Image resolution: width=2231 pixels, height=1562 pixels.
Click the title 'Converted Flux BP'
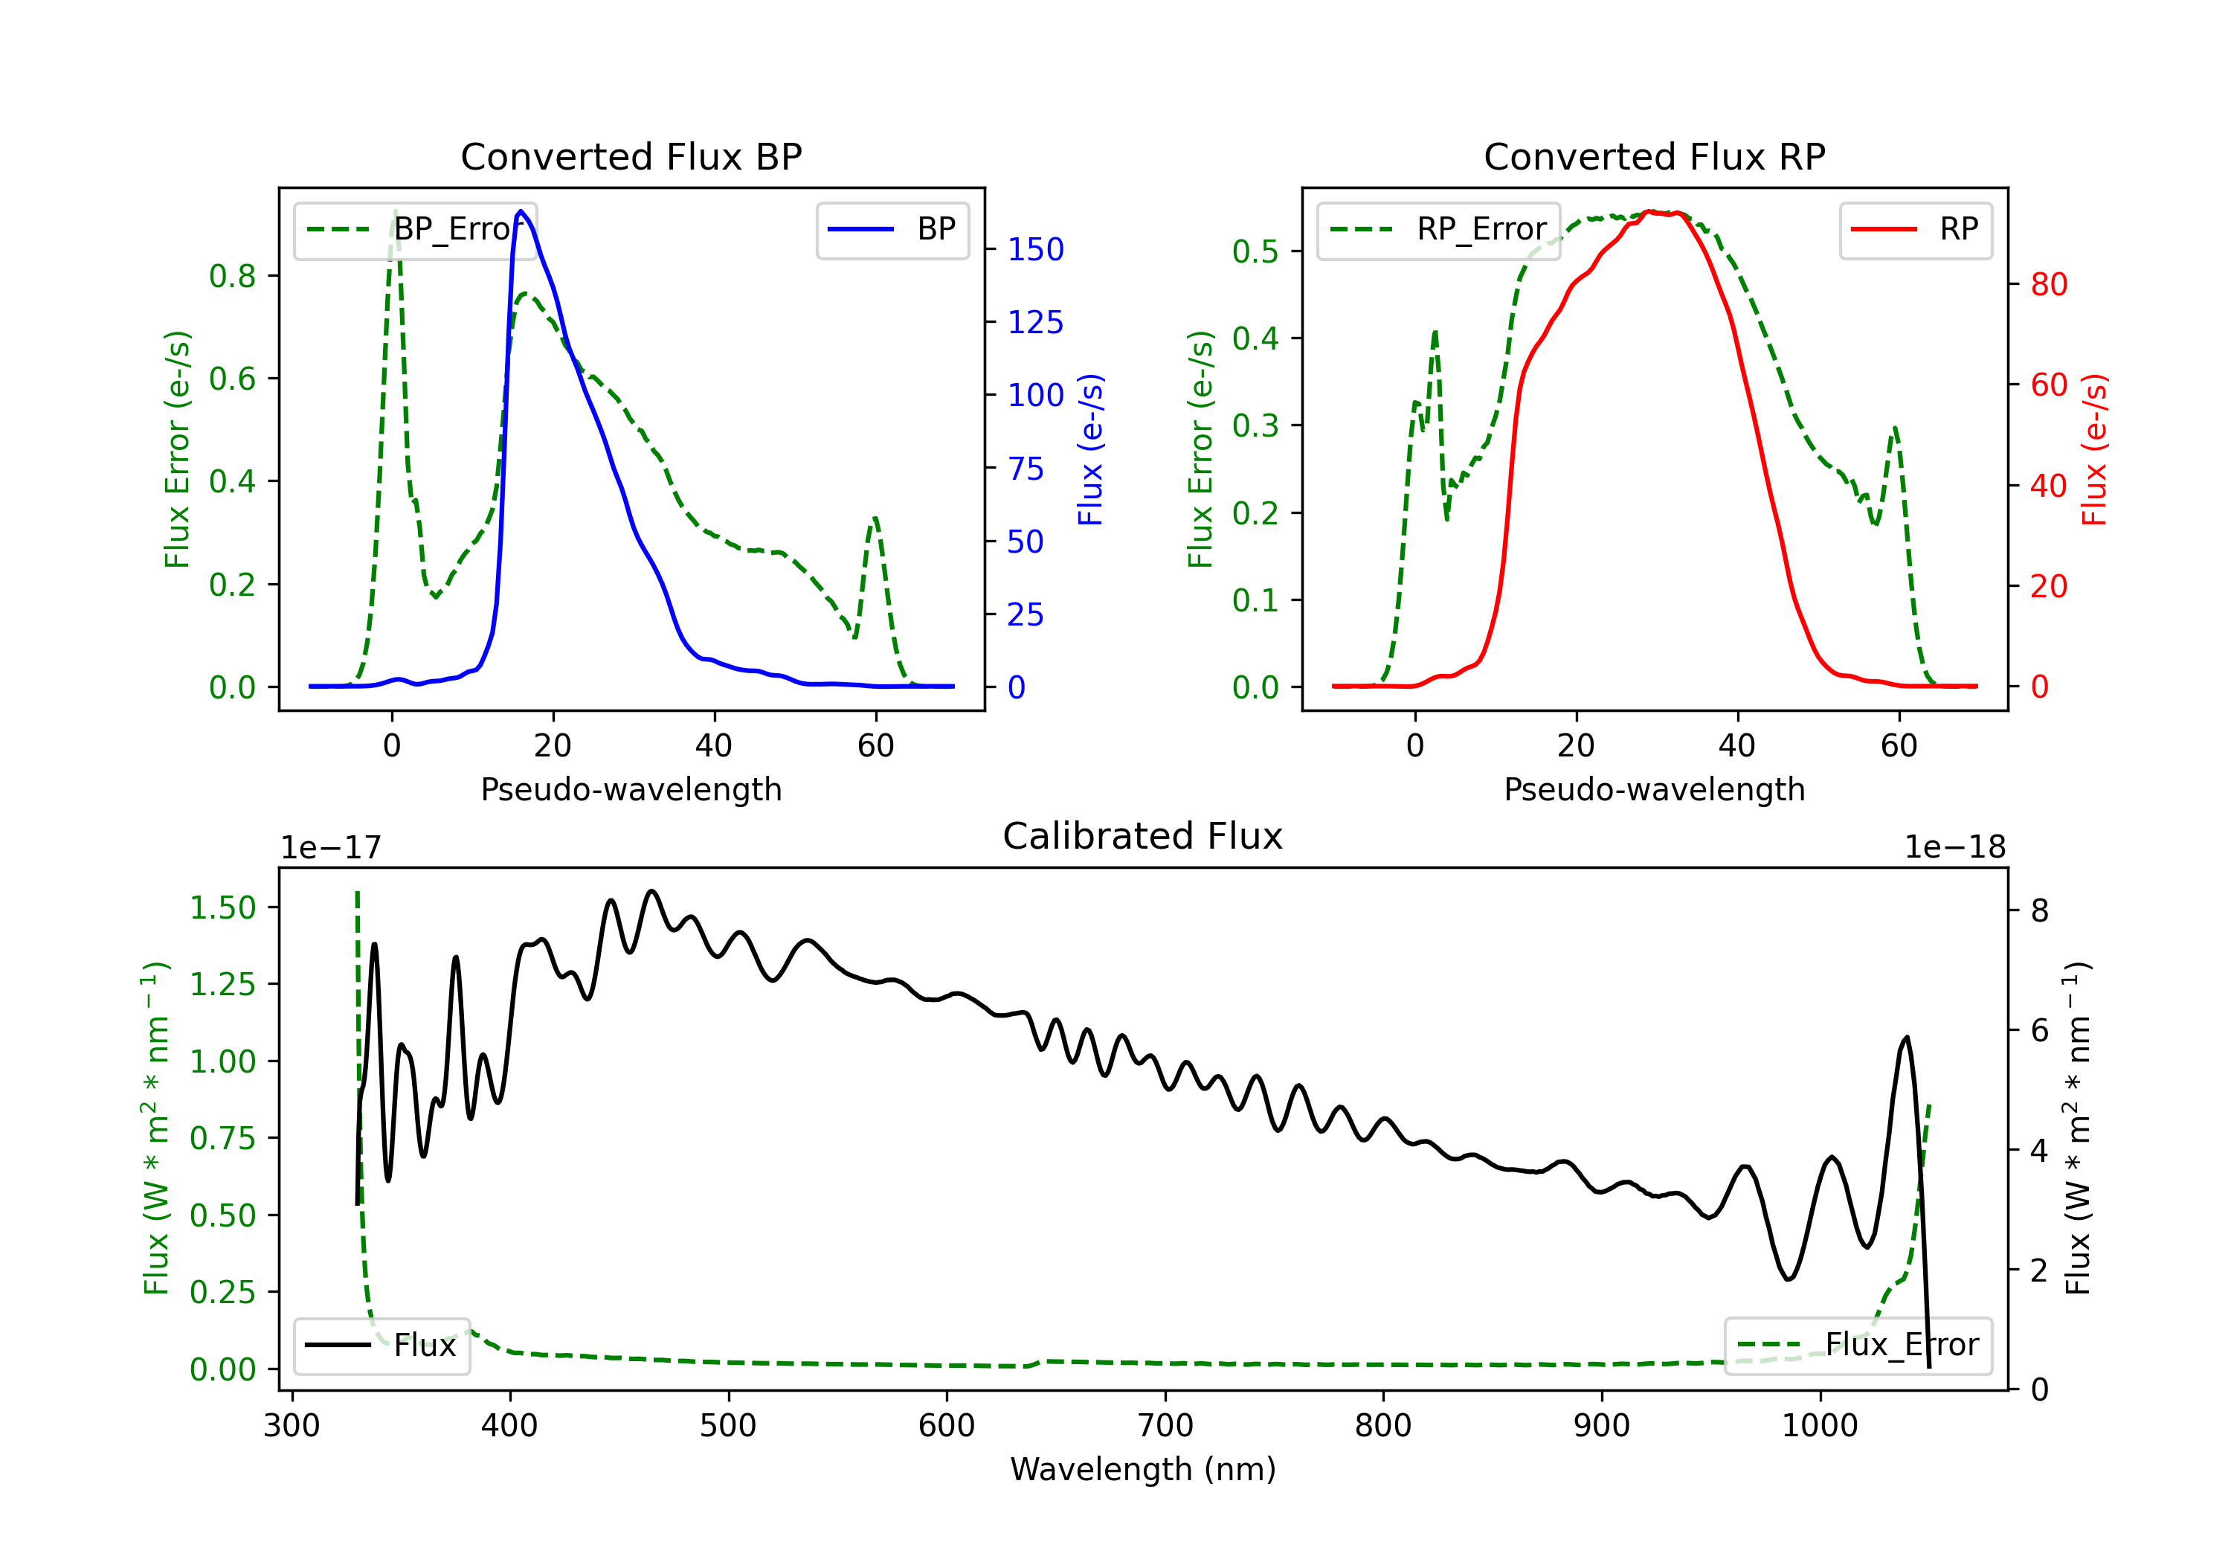point(631,156)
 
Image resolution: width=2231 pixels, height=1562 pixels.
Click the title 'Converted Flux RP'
point(1654,156)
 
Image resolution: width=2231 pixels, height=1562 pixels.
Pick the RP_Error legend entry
point(1438,229)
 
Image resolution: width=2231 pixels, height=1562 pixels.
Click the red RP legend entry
point(1915,229)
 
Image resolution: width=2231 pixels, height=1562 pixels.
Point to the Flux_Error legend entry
point(1857,1346)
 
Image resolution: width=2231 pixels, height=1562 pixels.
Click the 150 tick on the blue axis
point(1035,250)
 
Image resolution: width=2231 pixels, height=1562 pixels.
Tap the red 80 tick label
point(2048,285)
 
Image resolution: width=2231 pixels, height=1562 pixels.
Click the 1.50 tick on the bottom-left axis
point(222,908)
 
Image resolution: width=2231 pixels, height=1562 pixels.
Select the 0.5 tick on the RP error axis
point(1255,251)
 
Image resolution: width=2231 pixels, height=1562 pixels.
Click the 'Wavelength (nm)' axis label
point(1143,1469)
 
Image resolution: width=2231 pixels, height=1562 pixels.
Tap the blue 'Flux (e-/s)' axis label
point(1090,449)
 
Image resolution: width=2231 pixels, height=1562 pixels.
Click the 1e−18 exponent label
point(1954,848)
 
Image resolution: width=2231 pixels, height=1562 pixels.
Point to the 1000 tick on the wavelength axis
point(1819,1426)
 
